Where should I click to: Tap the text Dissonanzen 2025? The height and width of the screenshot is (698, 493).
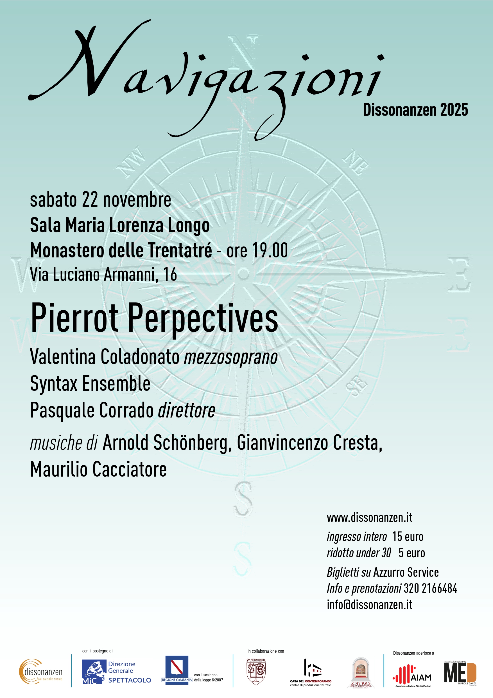pyautogui.click(x=415, y=110)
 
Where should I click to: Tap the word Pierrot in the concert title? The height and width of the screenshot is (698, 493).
pyautogui.click(x=75, y=318)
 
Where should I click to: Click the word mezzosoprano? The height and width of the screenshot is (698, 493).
pyautogui.click(x=230, y=357)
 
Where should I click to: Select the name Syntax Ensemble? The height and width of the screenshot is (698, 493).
pyautogui.click(x=90, y=383)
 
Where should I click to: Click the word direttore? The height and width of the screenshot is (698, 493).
pyautogui.click(x=187, y=410)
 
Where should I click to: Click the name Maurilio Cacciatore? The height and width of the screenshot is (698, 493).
pyautogui.click(x=98, y=469)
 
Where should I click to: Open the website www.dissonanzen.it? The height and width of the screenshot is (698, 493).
pyautogui.click(x=369, y=517)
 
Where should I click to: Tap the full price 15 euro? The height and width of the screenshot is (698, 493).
pyautogui.click(x=407, y=537)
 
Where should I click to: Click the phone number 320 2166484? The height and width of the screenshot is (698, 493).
pyautogui.click(x=430, y=588)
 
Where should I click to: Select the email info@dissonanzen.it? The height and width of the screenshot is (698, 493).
pyautogui.click(x=369, y=605)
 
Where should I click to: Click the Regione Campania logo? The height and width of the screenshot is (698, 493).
pyautogui.click(x=177, y=670)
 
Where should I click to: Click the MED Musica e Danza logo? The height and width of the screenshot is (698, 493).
pyautogui.click(x=460, y=673)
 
